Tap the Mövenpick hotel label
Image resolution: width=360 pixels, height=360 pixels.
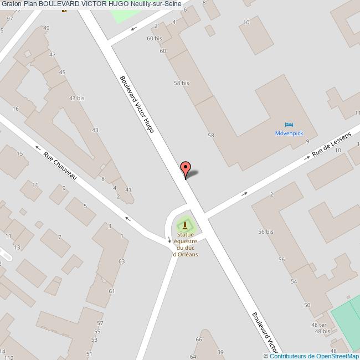point(289,133)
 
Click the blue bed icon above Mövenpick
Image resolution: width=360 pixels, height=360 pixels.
point(289,124)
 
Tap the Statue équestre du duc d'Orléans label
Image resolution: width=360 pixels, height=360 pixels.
point(186,244)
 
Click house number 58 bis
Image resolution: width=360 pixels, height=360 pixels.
point(182,83)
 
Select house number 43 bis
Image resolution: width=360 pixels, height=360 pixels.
point(76,98)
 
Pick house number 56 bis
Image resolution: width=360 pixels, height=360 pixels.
point(266,232)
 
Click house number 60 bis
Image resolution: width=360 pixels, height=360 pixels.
point(154,38)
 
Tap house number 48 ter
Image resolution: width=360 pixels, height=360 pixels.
point(318,325)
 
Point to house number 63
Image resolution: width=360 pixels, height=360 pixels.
point(121,261)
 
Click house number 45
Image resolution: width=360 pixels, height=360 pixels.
point(62,73)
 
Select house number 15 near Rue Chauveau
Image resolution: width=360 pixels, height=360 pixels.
point(20,153)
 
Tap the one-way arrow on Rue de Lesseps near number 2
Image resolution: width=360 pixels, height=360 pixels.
point(244,194)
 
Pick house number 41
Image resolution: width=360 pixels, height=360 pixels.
point(128,190)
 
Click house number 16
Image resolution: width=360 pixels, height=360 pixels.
point(16,109)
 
